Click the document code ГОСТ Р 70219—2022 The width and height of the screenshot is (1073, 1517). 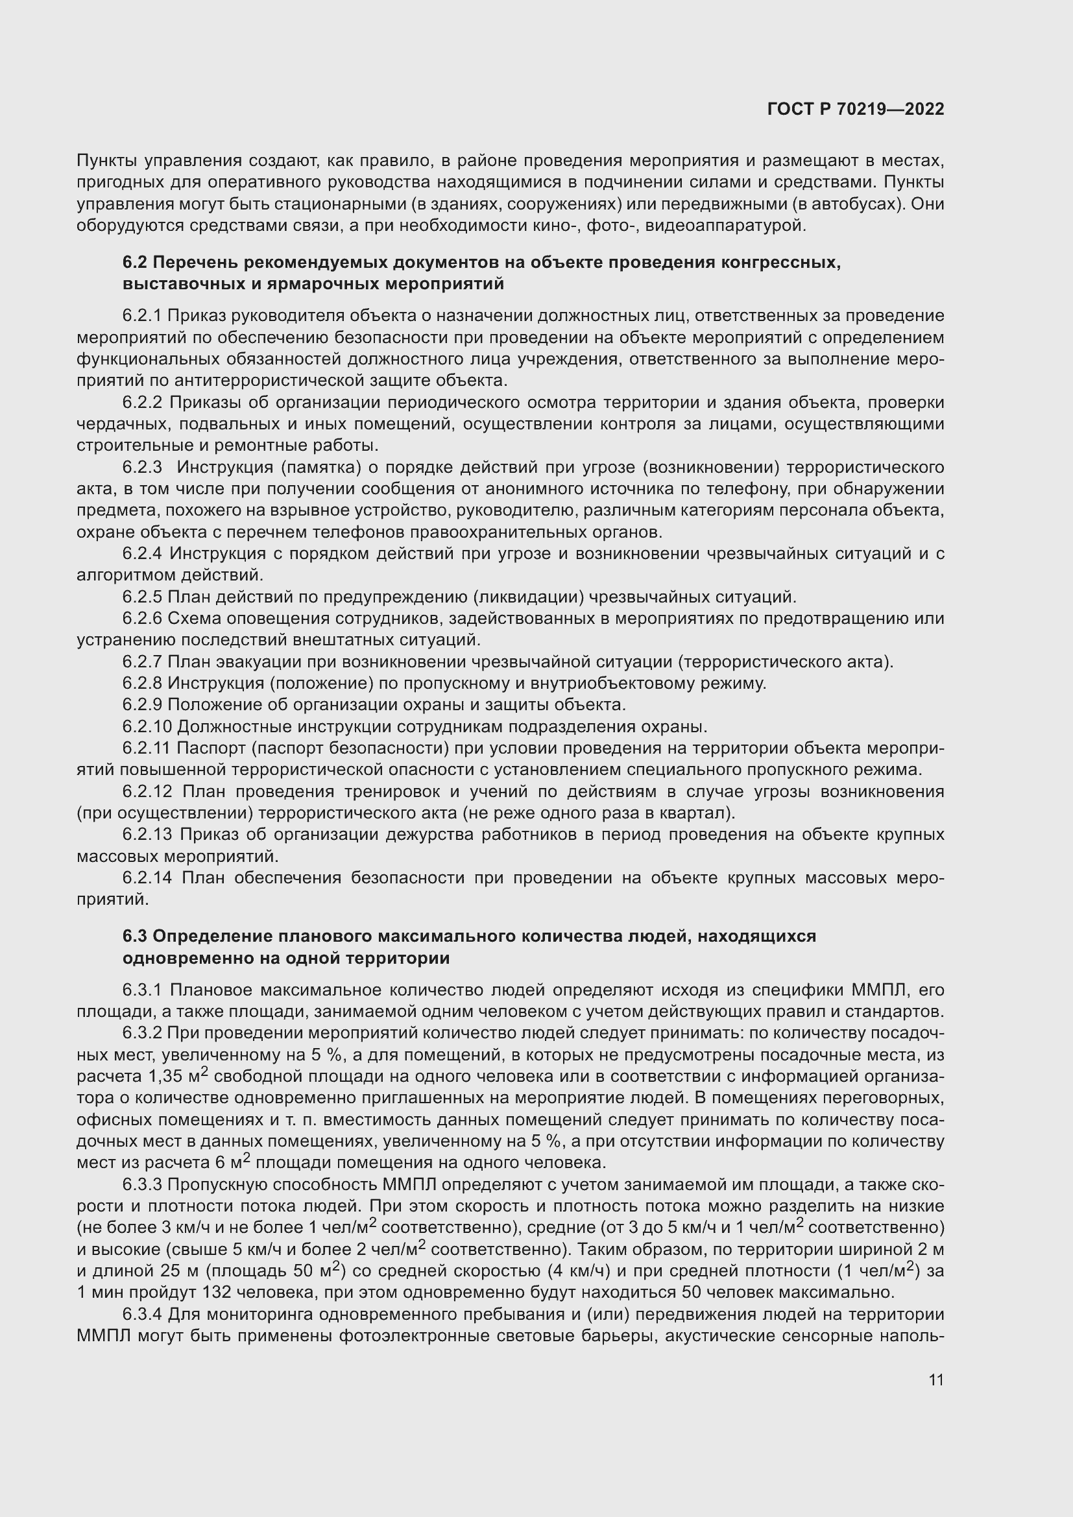tap(856, 109)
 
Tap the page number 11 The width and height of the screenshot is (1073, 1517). tap(935, 1380)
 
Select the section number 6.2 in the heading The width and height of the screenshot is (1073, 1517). tap(135, 262)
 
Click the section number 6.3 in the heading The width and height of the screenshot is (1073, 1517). tap(135, 937)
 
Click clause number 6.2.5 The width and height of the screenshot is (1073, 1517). tap(142, 597)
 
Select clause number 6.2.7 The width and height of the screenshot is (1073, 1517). tap(142, 662)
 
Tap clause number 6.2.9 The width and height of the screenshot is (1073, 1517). tap(142, 704)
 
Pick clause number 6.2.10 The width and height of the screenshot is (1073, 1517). tap(147, 726)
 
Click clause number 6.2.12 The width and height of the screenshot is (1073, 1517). tap(147, 791)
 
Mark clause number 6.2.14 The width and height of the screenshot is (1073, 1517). tap(147, 878)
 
